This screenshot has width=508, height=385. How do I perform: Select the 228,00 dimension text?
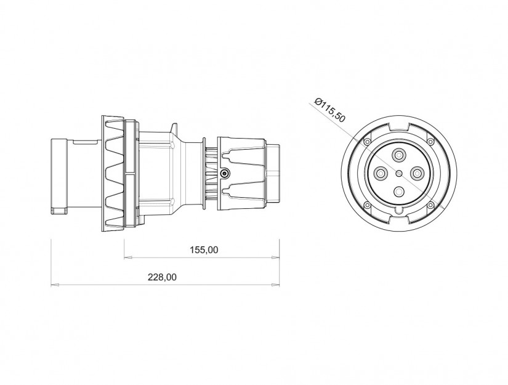[x=162, y=277]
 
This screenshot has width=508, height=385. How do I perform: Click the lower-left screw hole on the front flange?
[x=367, y=205]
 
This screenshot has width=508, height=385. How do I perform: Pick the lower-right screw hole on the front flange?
[x=432, y=205]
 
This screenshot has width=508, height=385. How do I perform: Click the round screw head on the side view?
[x=225, y=174]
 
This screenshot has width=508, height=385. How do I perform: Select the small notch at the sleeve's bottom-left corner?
[x=58, y=211]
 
